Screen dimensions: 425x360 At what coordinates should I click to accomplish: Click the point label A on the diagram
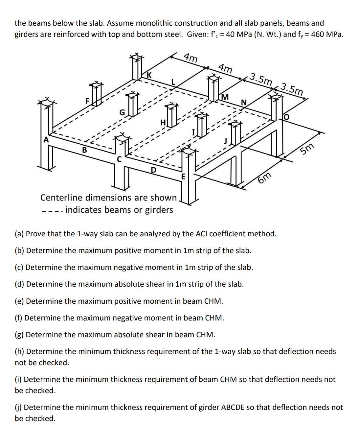(x=46, y=140)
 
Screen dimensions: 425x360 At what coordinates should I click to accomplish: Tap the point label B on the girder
(x=84, y=150)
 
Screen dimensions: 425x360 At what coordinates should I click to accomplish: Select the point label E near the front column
(x=183, y=177)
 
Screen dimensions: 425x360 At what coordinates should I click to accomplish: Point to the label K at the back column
(x=149, y=75)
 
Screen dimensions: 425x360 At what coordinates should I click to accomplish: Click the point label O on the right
(x=286, y=117)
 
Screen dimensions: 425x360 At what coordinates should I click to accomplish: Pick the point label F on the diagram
(x=87, y=101)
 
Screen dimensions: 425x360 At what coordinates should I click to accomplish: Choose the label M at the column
(x=225, y=97)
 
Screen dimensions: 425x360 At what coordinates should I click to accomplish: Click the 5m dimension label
(x=307, y=150)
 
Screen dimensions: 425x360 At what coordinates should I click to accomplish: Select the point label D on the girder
(x=153, y=170)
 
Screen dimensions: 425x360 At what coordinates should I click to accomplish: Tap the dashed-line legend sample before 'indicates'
(x=52, y=210)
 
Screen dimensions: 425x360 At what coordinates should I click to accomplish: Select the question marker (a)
(x=19, y=234)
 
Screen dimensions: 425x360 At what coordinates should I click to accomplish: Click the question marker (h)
(x=19, y=351)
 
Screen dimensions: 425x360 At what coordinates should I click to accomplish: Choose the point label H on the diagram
(x=163, y=122)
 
